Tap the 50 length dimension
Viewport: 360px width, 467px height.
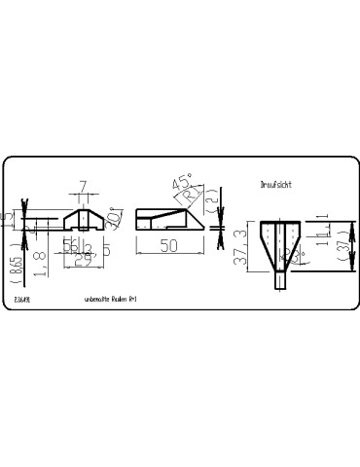click(x=167, y=247)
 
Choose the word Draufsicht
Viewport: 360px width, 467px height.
click(x=277, y=182)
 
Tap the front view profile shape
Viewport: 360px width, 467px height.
click(x=85, y=220)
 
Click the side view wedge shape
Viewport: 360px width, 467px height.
click(x=165, y=219)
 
